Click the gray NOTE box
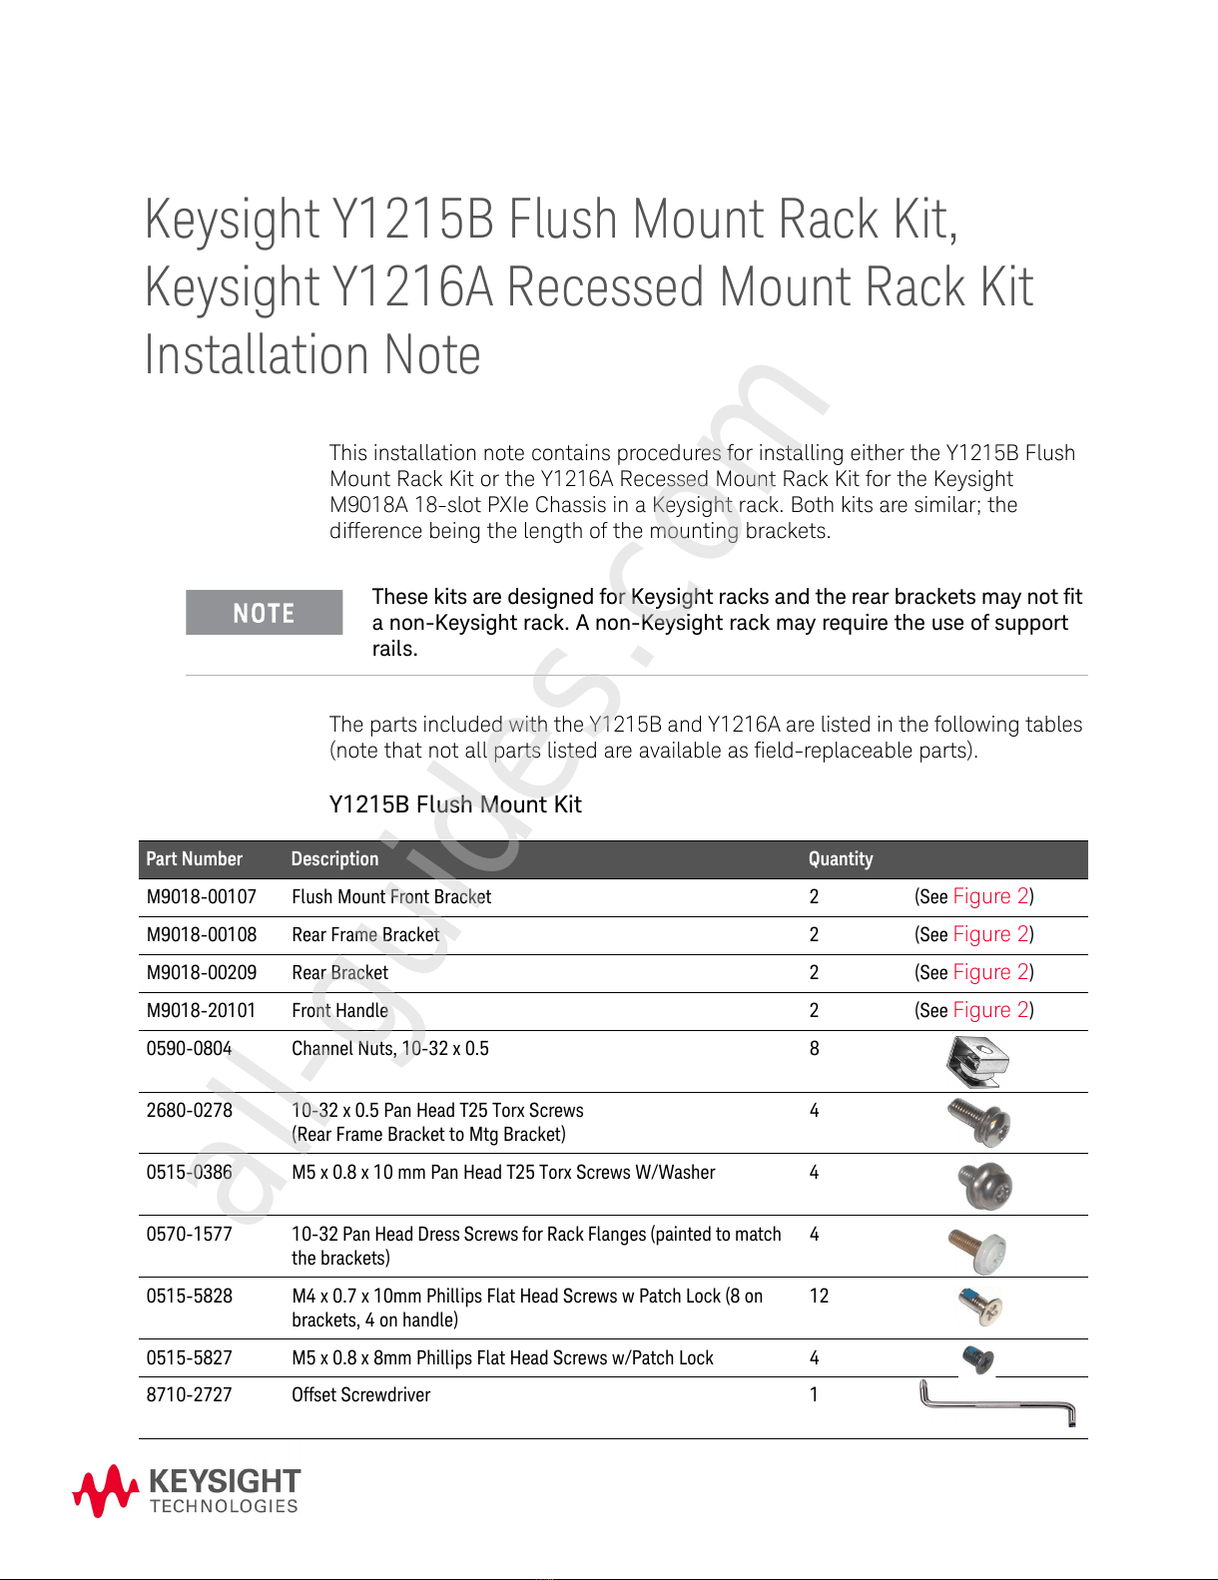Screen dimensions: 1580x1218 pos(264,613)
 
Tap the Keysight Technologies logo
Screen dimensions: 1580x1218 pos(187,1491)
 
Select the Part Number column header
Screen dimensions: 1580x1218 pos(195,859)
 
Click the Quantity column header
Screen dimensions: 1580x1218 pos(841,859)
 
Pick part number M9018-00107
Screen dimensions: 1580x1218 pos(202,897)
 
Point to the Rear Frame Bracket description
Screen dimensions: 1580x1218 pos(365,935)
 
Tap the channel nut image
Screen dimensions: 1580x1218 pos(978,1062)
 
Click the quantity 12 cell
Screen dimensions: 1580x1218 pos(820,1297)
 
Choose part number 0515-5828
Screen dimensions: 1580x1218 pos(190,1297)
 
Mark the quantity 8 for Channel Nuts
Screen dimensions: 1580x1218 pos(815,1049)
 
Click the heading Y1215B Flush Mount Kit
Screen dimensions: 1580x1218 pos(455,804)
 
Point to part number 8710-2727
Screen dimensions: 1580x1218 pos(190,1395)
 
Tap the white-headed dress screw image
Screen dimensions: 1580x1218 pos(978,1249)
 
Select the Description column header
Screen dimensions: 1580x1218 pos(335,859)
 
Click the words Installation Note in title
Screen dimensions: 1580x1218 pos(312,355)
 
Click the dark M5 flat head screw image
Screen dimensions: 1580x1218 pos(978,1358)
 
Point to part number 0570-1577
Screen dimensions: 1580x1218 pos(190,1235)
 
